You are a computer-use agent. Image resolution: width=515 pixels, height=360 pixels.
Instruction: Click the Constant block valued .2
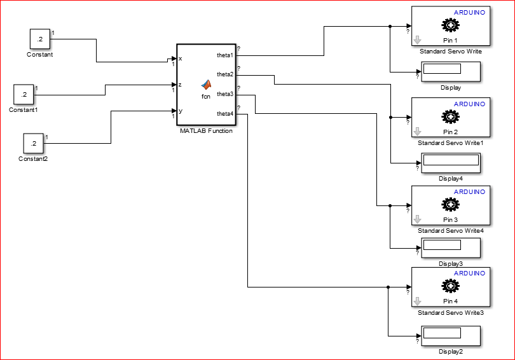tap(40, 39)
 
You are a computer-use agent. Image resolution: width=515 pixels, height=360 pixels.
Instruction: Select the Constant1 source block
tap(24, 95)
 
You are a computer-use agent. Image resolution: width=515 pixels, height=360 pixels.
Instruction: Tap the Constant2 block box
tap(34, 144)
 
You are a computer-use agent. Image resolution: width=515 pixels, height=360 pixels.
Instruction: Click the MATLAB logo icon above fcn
tap(206, 85)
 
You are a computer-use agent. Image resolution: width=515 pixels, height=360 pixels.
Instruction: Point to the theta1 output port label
tap(225, 55)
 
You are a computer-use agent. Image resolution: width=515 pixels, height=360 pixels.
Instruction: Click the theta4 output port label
tap(225, 114)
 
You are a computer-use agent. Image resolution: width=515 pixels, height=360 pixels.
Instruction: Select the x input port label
tap(181, 59)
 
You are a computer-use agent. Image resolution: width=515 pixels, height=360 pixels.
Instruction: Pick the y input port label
tap(181, 111)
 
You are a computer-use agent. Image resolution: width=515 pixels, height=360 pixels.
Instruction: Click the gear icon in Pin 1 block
tap(451, 25)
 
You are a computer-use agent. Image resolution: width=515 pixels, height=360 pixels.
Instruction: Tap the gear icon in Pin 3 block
tap(451, 204)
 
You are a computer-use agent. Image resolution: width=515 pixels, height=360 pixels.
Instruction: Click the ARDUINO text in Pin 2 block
tap(469, 104)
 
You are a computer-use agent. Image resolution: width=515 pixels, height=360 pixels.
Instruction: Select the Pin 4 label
tap(450, 301)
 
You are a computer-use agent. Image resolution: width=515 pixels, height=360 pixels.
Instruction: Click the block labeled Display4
tap(451, 163)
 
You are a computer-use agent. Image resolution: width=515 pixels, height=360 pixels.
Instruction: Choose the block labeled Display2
tap(451, 336)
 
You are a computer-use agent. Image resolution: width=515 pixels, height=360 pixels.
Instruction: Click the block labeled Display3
tap(451, 248)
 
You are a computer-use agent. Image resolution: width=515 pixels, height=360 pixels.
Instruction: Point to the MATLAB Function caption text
tap(206, 131)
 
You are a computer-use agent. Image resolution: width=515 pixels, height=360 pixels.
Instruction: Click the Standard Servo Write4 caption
tap(451, 231)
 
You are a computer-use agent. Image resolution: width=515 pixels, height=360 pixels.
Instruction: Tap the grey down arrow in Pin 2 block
tap(418, 132)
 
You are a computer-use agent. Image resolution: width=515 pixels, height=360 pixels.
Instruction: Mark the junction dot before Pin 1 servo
tap(390, 26)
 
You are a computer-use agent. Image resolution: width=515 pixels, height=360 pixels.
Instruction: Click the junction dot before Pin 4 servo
tap(388, 287)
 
